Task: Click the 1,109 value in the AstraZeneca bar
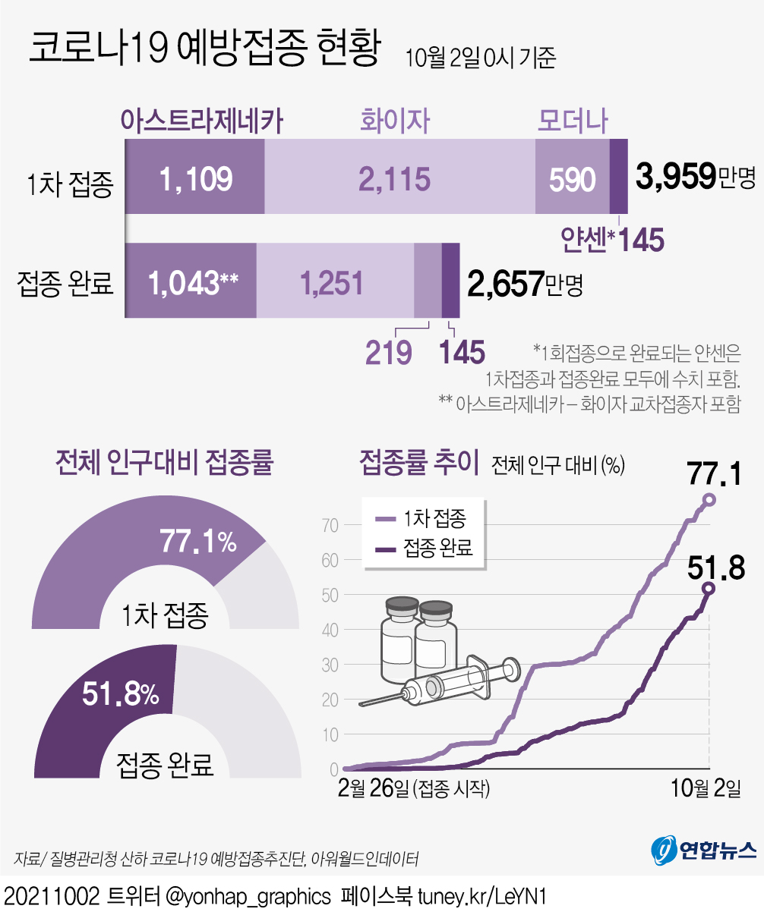pyautogui.click(x=195, y=179)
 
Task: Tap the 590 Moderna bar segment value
pyautogui.click(x=572, y=180)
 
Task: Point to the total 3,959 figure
pyautogui.click(x=676, y=175)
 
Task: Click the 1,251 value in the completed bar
pyautogui.click(x=332, y=283)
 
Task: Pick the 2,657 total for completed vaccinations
pyautogui.click(x=506, y=283)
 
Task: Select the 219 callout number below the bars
pyautogui.click(x=389, y=352)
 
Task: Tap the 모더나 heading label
pyautogui.click(x=573, y=121)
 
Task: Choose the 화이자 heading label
pyautogui.click(x=395, y=121)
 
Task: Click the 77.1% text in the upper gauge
pyautogui.click(x=198, y=542)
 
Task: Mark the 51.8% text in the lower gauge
pyautogui.click(x=121, y=693)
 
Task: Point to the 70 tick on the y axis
pyautogui.click(x=329, y=524)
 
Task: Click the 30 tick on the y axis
pyautogui.click(x=329, y=665)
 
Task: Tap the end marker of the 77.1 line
pyautogui.click(x=709, y=499)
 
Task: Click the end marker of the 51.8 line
pyautogui.click(x=709, y=588)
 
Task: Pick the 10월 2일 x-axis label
pyautogui.click(x=706, y=788)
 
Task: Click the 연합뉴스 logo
pyautogui.click(x=703, y=850)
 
